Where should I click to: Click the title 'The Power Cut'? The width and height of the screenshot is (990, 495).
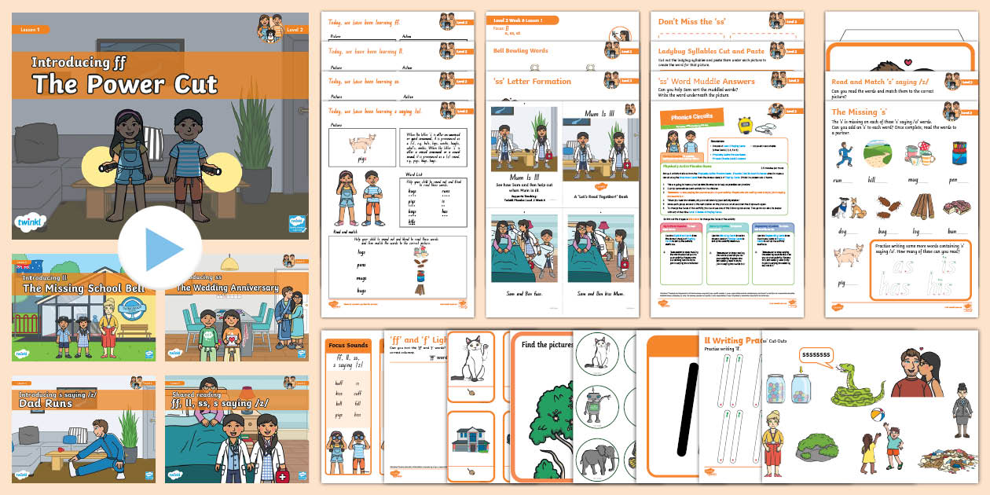[124, 84]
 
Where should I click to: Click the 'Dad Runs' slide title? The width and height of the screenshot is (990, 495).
[47, 404]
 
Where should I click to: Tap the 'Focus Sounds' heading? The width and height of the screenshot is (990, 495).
[349, 345]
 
